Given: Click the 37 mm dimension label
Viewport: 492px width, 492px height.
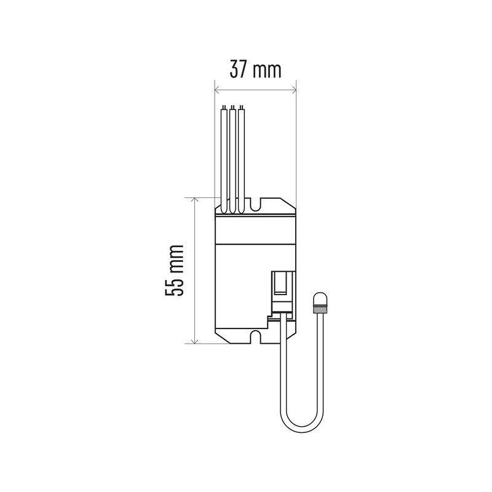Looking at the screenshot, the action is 255,69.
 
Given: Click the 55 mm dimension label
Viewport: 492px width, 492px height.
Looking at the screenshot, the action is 174,271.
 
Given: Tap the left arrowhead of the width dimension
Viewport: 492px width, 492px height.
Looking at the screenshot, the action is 217,90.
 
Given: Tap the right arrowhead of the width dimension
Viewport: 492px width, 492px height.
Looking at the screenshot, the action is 294,90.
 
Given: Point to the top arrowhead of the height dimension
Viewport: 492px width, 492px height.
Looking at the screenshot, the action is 195,200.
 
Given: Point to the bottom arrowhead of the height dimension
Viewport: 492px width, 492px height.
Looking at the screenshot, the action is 195,341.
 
